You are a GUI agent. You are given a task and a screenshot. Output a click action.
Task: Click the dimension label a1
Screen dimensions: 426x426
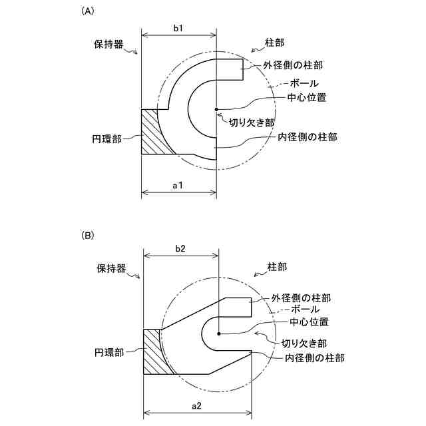point(178,186)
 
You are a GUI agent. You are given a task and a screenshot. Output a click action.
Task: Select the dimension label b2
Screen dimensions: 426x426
point(180,248)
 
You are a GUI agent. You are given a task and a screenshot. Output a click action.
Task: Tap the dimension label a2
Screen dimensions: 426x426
point(198,407)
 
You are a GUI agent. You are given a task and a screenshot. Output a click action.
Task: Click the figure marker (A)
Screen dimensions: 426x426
point(87,11)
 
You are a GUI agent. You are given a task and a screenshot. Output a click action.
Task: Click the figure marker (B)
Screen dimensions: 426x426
point(87,236)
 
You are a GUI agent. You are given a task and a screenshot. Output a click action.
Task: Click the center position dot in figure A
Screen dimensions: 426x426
point(216,109)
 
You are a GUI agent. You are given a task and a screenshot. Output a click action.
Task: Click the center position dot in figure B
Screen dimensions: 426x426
point(218,333)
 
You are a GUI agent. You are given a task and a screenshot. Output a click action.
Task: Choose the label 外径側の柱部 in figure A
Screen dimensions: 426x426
point(290,66)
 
